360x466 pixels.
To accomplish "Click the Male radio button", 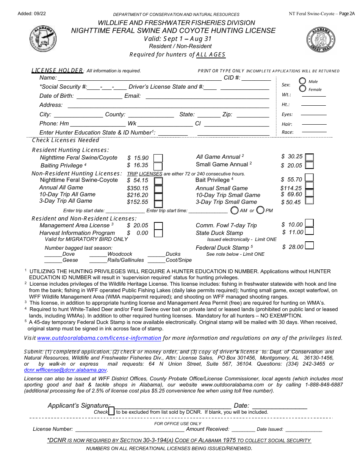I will click(303, 81).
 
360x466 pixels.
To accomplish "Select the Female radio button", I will click(303, 89).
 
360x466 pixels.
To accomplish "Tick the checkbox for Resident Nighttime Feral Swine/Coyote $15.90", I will click(158, 158).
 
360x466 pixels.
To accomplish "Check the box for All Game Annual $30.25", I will click(310, 157).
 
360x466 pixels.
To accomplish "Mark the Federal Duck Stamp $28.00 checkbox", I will click(310, 246).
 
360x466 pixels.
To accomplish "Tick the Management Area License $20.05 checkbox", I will click(158, 225).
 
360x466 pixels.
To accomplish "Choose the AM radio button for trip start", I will click(235, 210).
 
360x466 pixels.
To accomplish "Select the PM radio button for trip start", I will click(260, 210).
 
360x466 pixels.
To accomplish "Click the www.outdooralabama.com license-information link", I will click(99, 338).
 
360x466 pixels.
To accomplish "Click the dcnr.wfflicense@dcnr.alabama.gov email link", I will click(66, 370).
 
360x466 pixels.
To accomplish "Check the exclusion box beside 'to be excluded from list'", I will click(111, 411).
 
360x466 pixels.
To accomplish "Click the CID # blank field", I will click(256, 78).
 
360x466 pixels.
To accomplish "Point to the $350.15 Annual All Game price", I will click(138, 188).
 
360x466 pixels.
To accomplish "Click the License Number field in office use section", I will click(130, 429).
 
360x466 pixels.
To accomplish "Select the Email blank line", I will click(207, 96).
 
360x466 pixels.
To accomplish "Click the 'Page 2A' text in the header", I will click(347, 14).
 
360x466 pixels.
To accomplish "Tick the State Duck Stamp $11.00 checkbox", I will click(310, 231).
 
